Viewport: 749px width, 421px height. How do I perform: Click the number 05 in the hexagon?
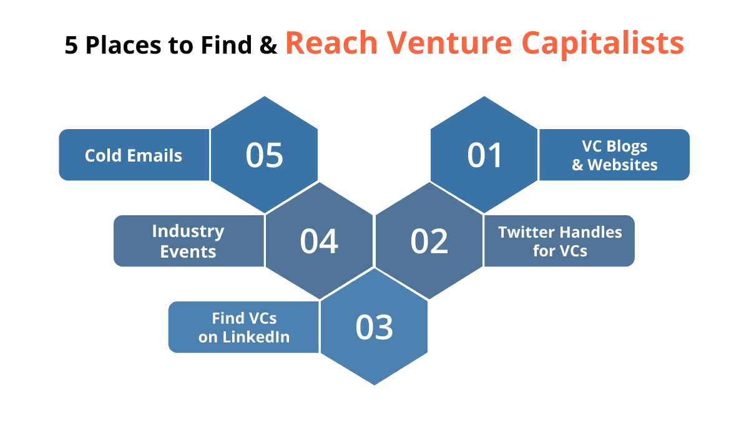click(x=264, y=155)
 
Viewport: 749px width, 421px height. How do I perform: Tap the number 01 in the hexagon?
click(x=484, y=155)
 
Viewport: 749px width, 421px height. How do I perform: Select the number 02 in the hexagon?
click(x=429, y=241)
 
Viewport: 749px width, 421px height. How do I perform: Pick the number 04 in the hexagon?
click(x=319, y=241)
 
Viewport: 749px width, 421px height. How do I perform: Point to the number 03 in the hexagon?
click(x=374, y=327)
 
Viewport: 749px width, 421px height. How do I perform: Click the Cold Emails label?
click(x=134, y=155)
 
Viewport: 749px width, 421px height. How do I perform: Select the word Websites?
click(x=623, y=165)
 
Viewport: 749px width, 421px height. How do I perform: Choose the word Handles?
click(x=591, y=232)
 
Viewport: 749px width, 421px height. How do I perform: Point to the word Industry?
click(x=188, y=231)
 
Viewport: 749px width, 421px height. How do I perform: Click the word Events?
click(x=188, y=251)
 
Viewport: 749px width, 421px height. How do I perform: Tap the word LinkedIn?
click(x=256, y=336)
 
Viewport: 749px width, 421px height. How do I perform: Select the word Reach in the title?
click(x=331, y=43)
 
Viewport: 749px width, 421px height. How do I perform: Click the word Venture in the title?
click(x=450, y=43)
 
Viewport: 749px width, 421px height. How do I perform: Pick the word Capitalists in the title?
click(x=602, y=44)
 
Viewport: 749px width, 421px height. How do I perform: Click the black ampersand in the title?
click(x=268, y=45)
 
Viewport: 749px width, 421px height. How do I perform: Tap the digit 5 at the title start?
click(x=71, y=45)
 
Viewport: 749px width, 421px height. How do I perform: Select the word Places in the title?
click(x=124, y=45)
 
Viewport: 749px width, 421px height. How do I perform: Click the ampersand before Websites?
click(x=577, y=165)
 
